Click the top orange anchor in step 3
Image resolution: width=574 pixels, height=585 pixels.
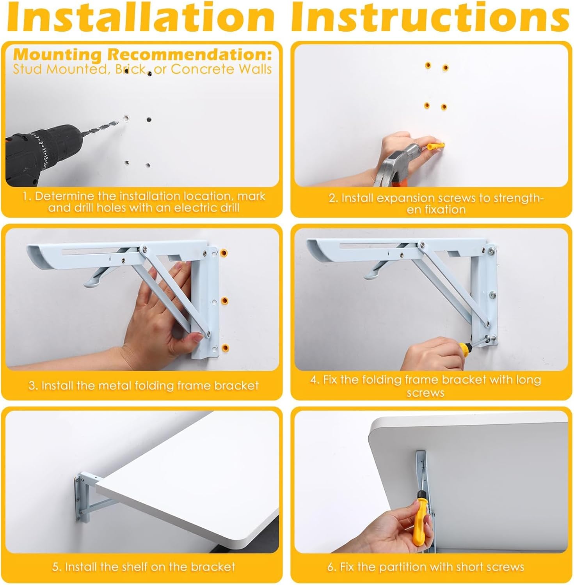[x=224, y=253]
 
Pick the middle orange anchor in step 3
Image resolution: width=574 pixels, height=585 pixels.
[x=225, y=301]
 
